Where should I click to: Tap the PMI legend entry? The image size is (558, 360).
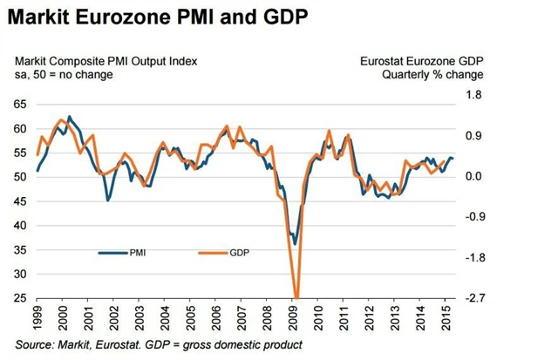click(137, 252)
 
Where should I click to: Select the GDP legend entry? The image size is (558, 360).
click(240, 252)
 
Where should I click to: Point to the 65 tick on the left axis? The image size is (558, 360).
click(19, 104)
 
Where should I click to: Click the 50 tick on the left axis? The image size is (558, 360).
click(19, 176)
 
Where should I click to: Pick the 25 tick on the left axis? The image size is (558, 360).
click(19, 298)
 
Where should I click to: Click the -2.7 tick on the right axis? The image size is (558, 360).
click(472, 298)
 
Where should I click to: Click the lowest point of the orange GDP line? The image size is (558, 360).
click(296, 297)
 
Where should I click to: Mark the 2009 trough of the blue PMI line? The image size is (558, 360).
click(296, 244)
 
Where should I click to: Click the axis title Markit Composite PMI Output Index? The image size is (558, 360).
click(105, 60)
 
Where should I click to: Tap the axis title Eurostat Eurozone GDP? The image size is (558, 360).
click(422, 60)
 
